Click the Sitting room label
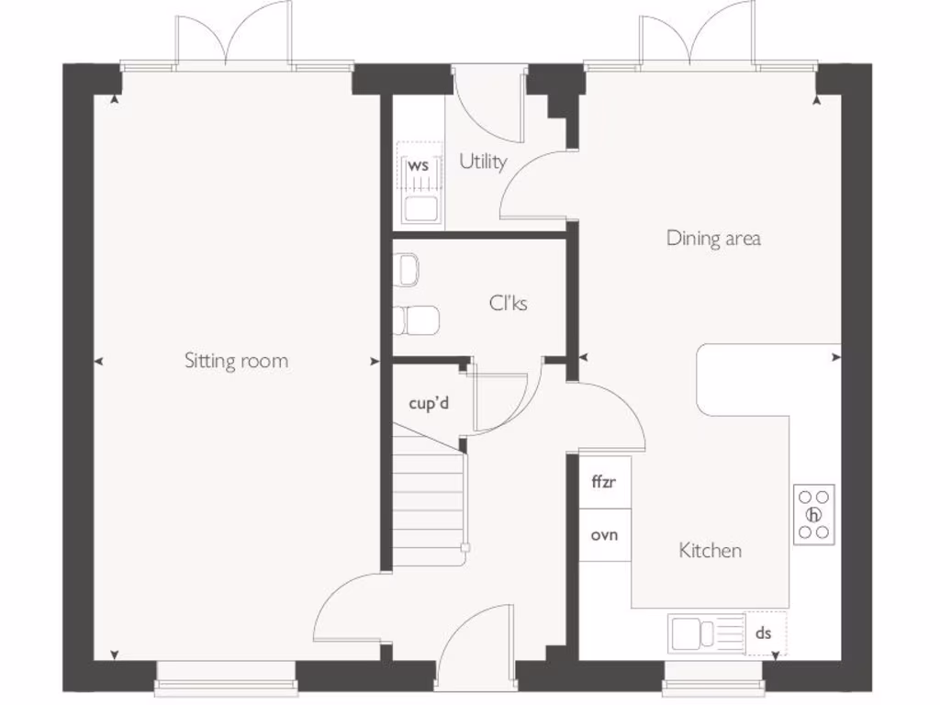(236, 361)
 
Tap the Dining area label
(713, 239)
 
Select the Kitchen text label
(710, 551)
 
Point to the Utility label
(483, 162)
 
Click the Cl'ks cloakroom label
(508, 302)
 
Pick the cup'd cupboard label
(429, 402)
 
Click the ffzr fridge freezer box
(604, 481)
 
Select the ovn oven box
(604, 535)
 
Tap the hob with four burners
(813, 515)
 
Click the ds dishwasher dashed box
(764, 633)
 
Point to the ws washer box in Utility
(420, 167)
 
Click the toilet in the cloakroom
(416, 320)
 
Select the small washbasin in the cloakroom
(408, 270)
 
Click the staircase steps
(428, 496)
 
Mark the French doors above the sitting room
(234, 37)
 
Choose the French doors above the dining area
(698, 37)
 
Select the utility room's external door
(487, 101)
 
